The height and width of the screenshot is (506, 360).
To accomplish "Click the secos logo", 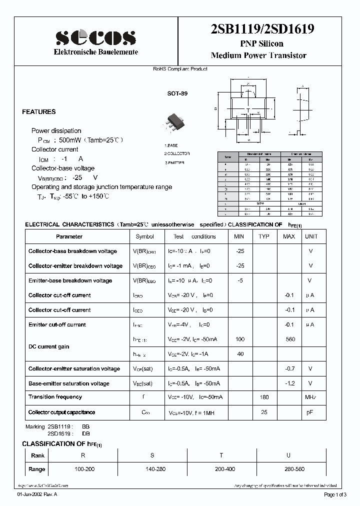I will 95,37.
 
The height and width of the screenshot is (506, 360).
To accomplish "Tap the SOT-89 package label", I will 177,93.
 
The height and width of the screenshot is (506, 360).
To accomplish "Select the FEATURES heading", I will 39,112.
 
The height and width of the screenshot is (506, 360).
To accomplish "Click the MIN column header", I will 239,236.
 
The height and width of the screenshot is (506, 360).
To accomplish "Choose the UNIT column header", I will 311,236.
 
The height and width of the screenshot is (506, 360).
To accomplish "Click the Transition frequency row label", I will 55,397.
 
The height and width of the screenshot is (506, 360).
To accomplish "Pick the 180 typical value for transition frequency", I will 264,397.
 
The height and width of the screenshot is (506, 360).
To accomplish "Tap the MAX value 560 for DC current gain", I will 289,339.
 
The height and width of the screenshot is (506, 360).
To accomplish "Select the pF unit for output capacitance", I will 310,412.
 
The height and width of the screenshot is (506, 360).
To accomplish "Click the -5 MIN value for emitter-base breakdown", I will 239,281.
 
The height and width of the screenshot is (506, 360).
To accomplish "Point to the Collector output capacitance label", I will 61,412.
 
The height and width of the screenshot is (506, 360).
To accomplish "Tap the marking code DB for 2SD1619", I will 86,434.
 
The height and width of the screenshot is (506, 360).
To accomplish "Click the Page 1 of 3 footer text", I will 334,495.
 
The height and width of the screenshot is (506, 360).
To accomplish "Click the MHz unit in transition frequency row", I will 311,397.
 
